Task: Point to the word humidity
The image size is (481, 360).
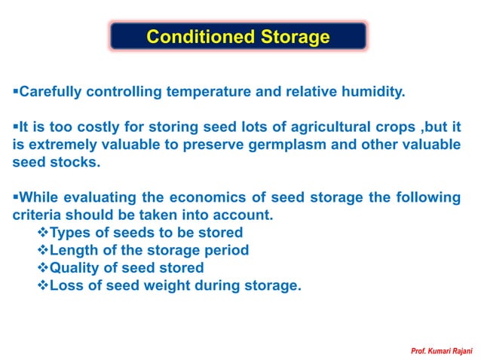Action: pyautogui.click(x=371, y=93)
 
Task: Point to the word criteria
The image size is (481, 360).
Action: pyautogui.click(x=35, y=215)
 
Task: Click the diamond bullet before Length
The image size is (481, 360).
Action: pyautogui.click(x=42, y=250)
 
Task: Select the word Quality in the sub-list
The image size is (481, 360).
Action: pyautogui.click(x=74, y=267)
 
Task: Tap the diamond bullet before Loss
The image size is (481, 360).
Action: pyautogui.click(x=42, y=285)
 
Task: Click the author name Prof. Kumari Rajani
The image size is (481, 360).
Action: pyautogui.click(x=440, y=352)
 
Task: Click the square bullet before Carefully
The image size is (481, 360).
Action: pyautogui.click(x=15, y=93)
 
